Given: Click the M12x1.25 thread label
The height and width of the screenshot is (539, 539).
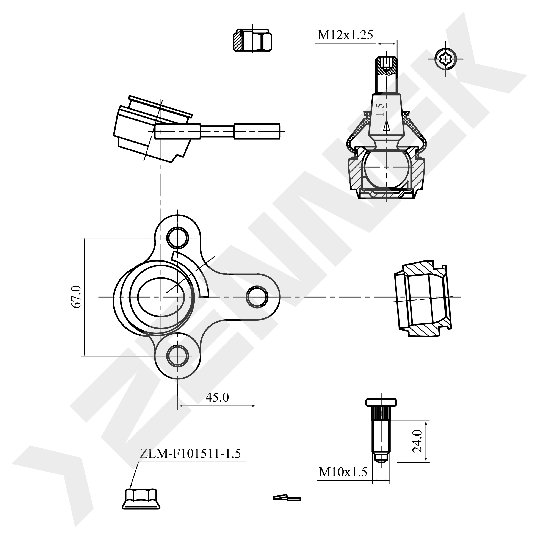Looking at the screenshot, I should tap(345, 35).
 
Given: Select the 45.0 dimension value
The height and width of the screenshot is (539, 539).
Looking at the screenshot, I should tap(217, 397).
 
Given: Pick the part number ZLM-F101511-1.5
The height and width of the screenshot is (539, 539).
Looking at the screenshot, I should tap(190, 454).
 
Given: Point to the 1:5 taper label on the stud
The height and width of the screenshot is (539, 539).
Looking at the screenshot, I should tap(381, 109).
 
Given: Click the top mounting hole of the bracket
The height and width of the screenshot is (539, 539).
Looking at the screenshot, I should tap(178, 238).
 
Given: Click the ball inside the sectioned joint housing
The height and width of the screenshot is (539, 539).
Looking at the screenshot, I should tap(386, 167).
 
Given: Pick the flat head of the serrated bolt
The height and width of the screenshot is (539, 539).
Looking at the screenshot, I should tap(381, 402).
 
